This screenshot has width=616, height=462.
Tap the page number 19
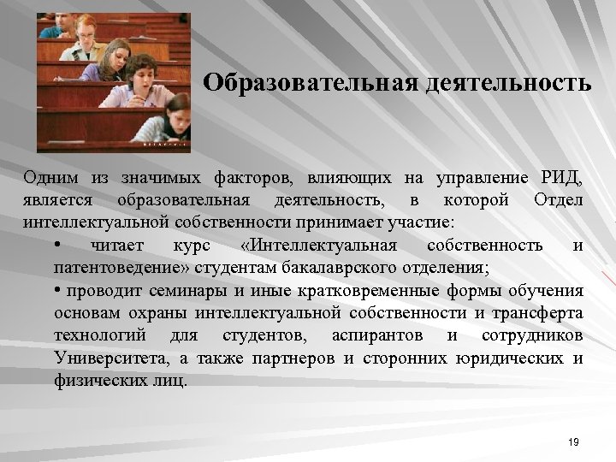click(573, 441)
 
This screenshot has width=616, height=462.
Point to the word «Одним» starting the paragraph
click(51, 178)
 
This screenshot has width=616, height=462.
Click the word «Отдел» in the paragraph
click(557, 200)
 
